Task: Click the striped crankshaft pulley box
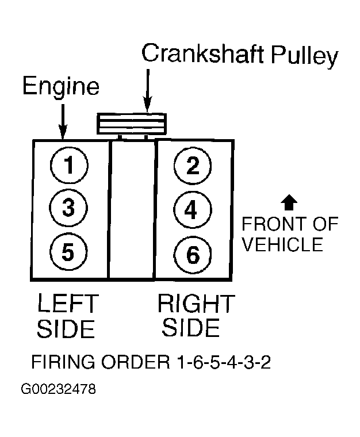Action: (132, 124)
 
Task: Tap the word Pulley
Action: (305, 56)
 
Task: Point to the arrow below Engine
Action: (63, 121)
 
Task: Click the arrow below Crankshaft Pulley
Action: (147, 91)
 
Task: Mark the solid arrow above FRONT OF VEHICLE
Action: (289, 202)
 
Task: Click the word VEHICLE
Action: (282, 244)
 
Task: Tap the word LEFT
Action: (68, 303)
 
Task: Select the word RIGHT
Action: (196, 303)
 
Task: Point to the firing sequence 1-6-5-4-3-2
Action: (224, 362)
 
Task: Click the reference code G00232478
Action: (58, 389)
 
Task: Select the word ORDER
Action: (135, 362)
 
